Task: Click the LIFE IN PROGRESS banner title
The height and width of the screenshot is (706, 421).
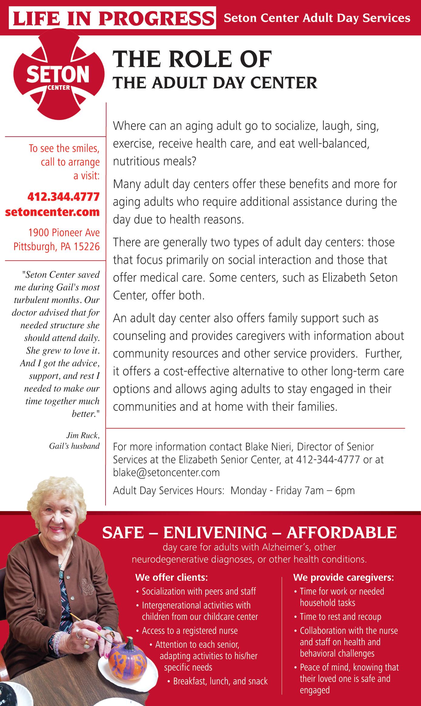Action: (112, 19)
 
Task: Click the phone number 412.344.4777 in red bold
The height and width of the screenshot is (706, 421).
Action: (63, 197)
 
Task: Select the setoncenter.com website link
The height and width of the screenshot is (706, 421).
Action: (52, 212)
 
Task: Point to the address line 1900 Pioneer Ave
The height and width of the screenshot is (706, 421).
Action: (64, 233)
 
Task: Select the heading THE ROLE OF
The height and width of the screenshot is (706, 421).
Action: (192, 60)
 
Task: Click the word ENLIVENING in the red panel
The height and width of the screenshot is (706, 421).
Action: (215, 533)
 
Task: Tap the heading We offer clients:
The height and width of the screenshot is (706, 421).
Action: (171, 577)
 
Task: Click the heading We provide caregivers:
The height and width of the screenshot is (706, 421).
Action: (343, 577)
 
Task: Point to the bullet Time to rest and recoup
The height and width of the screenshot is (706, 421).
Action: (340, 617)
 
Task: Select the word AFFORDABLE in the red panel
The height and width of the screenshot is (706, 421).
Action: (342, 533)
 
